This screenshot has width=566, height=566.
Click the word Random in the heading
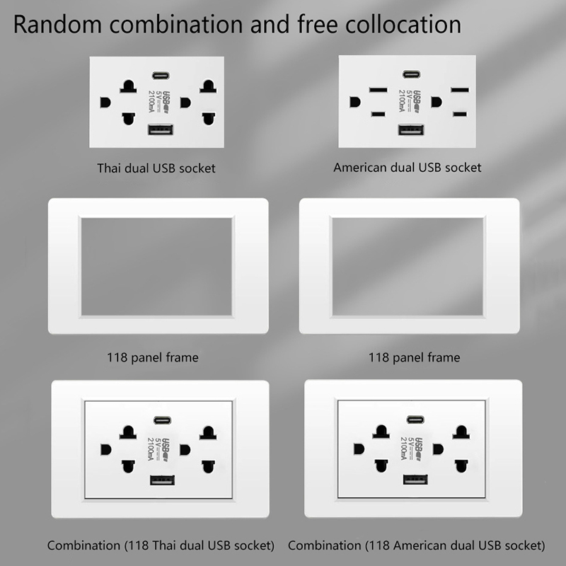(x=57, y=25)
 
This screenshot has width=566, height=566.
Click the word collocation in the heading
(x=403, y=25)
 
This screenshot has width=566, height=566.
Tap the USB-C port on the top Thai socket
(x=161, y=76)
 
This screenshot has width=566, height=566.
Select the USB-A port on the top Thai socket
(x=161, y=129)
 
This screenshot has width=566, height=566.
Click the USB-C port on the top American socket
(x=412, y=74)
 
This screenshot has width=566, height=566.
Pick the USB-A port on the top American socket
(x=411, y=129)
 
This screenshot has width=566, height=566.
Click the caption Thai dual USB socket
(x=156, y=168)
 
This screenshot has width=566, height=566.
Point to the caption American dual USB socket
(x=408, y=168)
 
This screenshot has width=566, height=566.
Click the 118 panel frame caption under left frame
(x=153, y=357)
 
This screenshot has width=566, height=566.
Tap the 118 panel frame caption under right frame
(x=414, y=357)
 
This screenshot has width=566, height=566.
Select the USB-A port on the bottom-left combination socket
(x=163, y=480)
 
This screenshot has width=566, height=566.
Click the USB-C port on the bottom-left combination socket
(x=163, y=420)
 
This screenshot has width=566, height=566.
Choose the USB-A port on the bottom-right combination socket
(x=415, y=480)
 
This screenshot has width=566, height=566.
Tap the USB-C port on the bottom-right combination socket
(x=415, y=420)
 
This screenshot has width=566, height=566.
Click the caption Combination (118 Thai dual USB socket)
(x=161, y=545)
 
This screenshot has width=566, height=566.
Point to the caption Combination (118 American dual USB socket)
(x=417, y=545)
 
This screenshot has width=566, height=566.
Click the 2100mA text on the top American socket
(x=401, y=100)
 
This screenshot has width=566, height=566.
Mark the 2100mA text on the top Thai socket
(x=151, y=101)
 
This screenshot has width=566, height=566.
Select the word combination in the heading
(x=176, y=25)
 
